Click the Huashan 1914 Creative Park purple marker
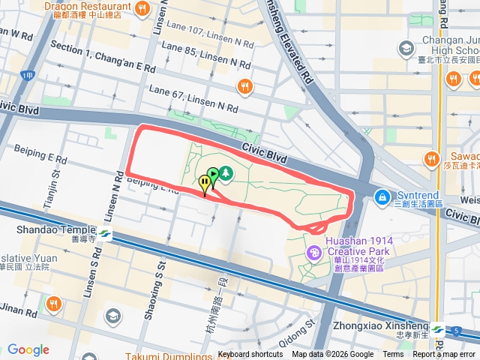(313, 254)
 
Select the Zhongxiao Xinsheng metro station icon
(437, 329)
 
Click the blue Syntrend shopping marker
(382, 196)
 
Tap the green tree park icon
(225, 175)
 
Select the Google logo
(28, 349)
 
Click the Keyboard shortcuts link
(250, 355)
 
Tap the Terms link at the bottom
(393, 355)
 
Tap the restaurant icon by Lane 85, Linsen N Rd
(244, 87)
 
